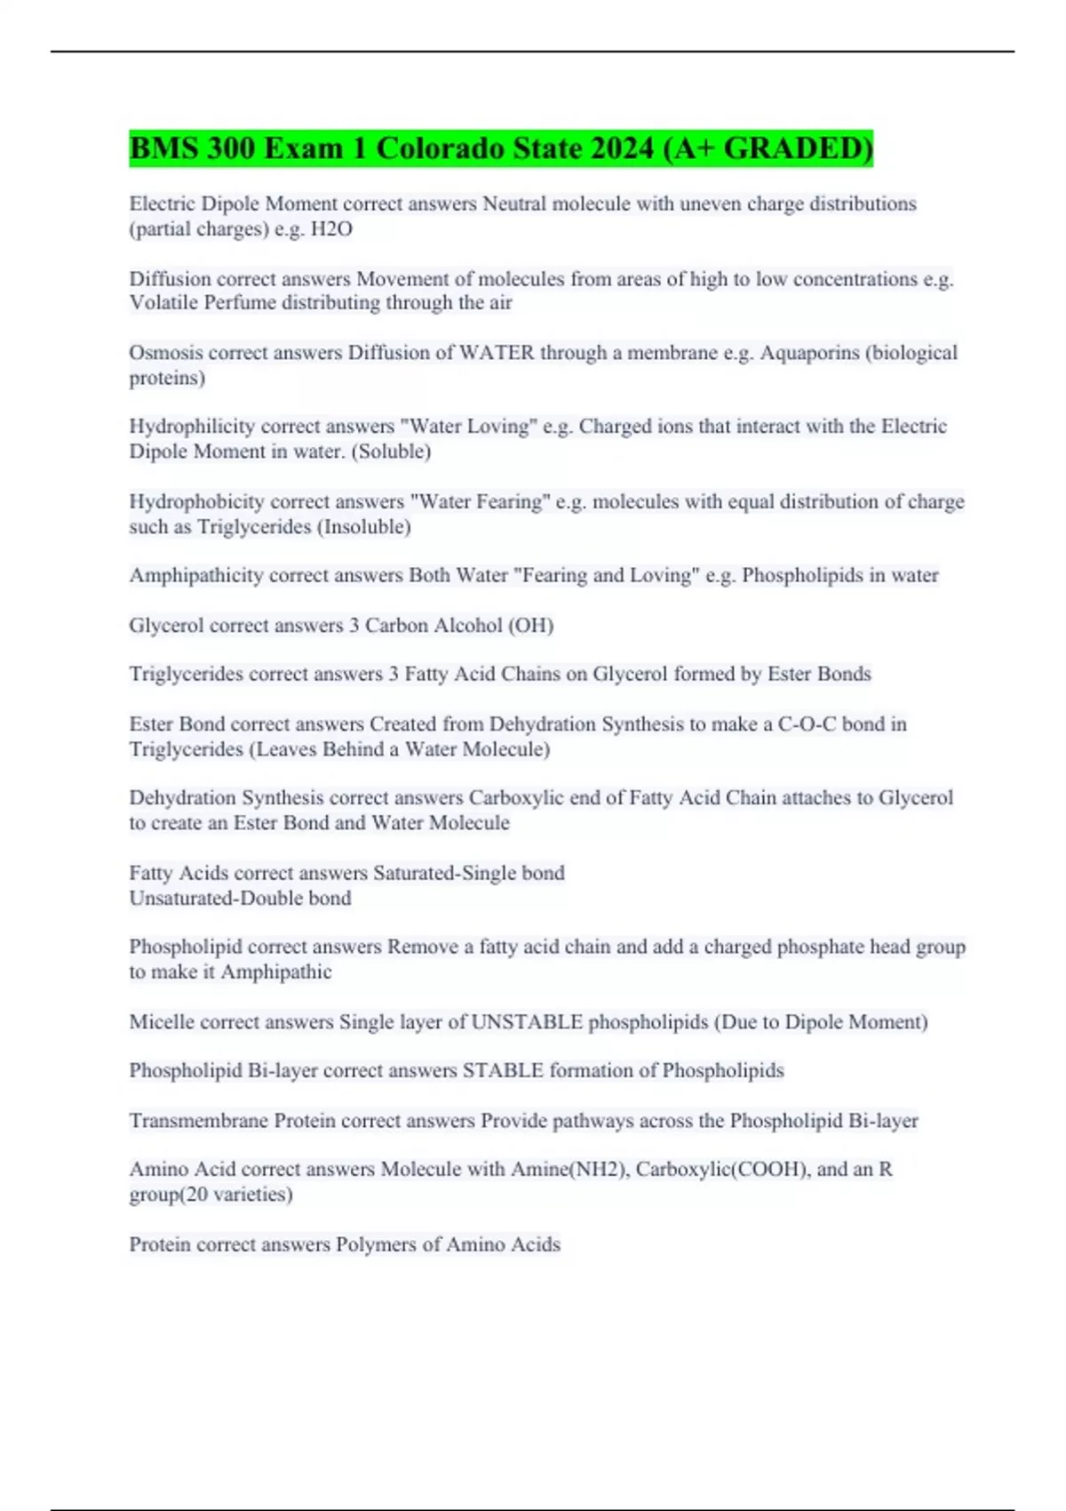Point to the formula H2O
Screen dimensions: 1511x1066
[331, 229]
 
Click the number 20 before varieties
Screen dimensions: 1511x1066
[198, 1195]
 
